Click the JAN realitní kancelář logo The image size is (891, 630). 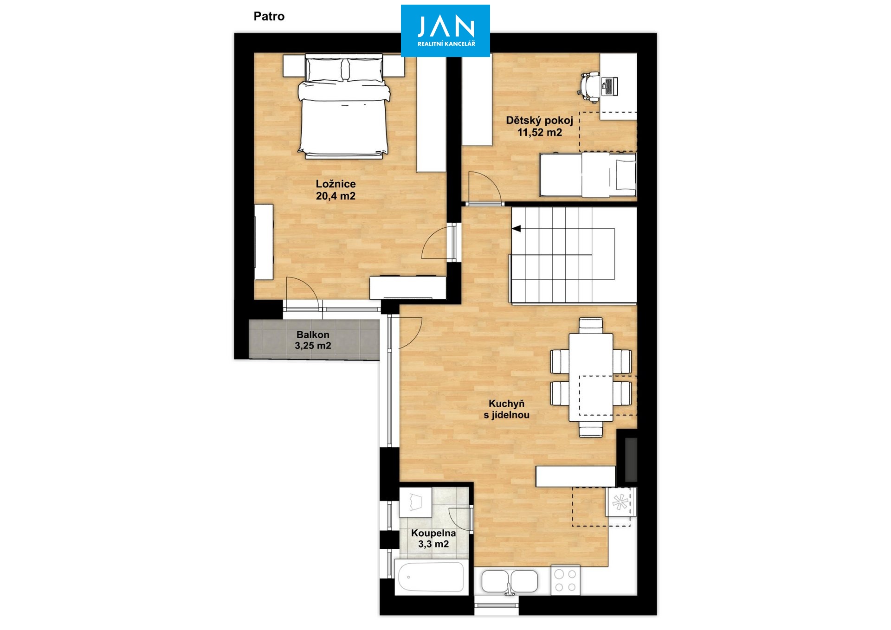(445, 31)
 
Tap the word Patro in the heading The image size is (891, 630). (269, 16)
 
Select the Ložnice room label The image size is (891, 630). (336, 190)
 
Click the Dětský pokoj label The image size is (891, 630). (539, 126)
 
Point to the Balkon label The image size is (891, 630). (313, 340)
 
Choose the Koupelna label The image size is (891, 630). (433, 539)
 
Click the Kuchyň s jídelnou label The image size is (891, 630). (506, 409)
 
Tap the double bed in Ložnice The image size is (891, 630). (344, 106)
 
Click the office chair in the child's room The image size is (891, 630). (589, 87)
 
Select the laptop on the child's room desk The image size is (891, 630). (609, 86)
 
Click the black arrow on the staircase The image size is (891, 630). (516, 229)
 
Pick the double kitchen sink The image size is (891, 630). (510, 582)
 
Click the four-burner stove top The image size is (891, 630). (565, 580)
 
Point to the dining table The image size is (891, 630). (591, 377)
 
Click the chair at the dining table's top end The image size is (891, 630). (591, 325)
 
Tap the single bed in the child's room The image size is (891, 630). (588, 175)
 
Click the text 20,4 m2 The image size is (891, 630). (336, 196)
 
